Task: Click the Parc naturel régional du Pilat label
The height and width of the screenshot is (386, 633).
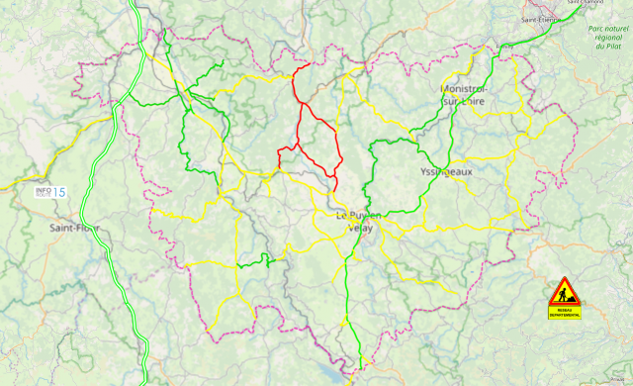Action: (608, 43)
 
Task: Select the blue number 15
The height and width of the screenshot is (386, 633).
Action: (59, 192)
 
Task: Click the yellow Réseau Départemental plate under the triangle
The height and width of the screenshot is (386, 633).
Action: (565, 313)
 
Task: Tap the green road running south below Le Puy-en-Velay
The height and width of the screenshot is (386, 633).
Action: (348, 297)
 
